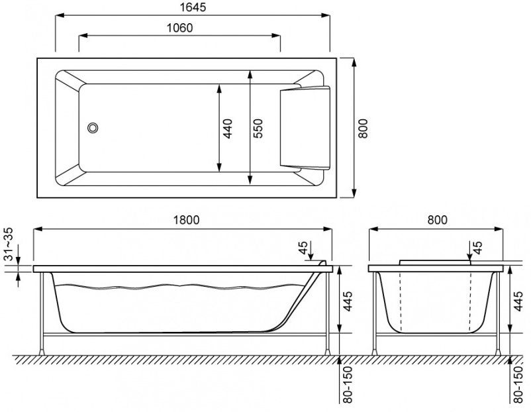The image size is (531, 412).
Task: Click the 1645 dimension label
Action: pyautogui.click(x=192, y=7)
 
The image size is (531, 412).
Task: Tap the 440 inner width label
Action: pyautogui.click(x=227, y=127)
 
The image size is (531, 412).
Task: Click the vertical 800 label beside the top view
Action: pyautogui.click(x=363, y=127)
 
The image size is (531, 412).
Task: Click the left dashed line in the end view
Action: pyautogui.click(x=401, y=298)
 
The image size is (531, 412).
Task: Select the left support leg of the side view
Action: pyautogui.click(x=44, y=311)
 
